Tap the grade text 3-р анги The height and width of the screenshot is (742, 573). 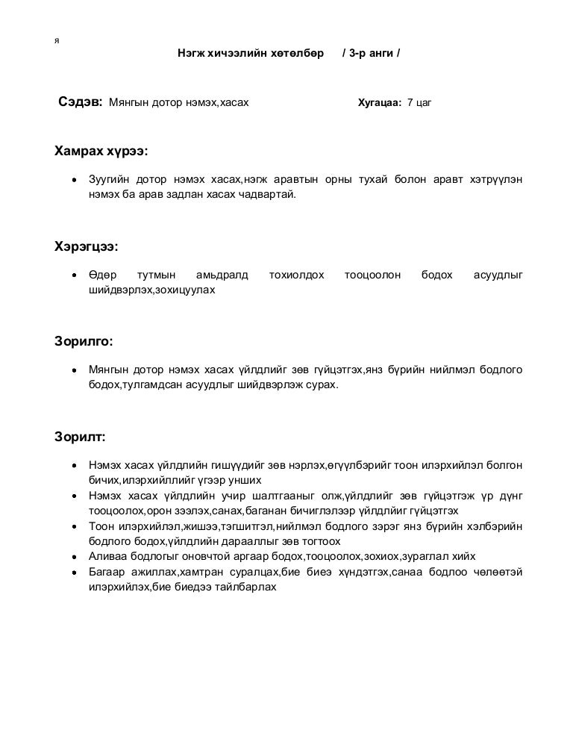tap(371, 54)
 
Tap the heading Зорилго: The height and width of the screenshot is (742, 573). tap(83, 341)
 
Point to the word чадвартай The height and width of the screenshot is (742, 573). tap(269, 193)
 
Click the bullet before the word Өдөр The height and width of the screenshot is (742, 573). tap(74, 275)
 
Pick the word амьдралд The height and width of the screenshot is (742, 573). tap(222, 275)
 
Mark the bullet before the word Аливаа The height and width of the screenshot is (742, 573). tap(74, 557)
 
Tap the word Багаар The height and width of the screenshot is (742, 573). tap(106, 571)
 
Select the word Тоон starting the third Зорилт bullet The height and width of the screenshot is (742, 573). tap(101, 526)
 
